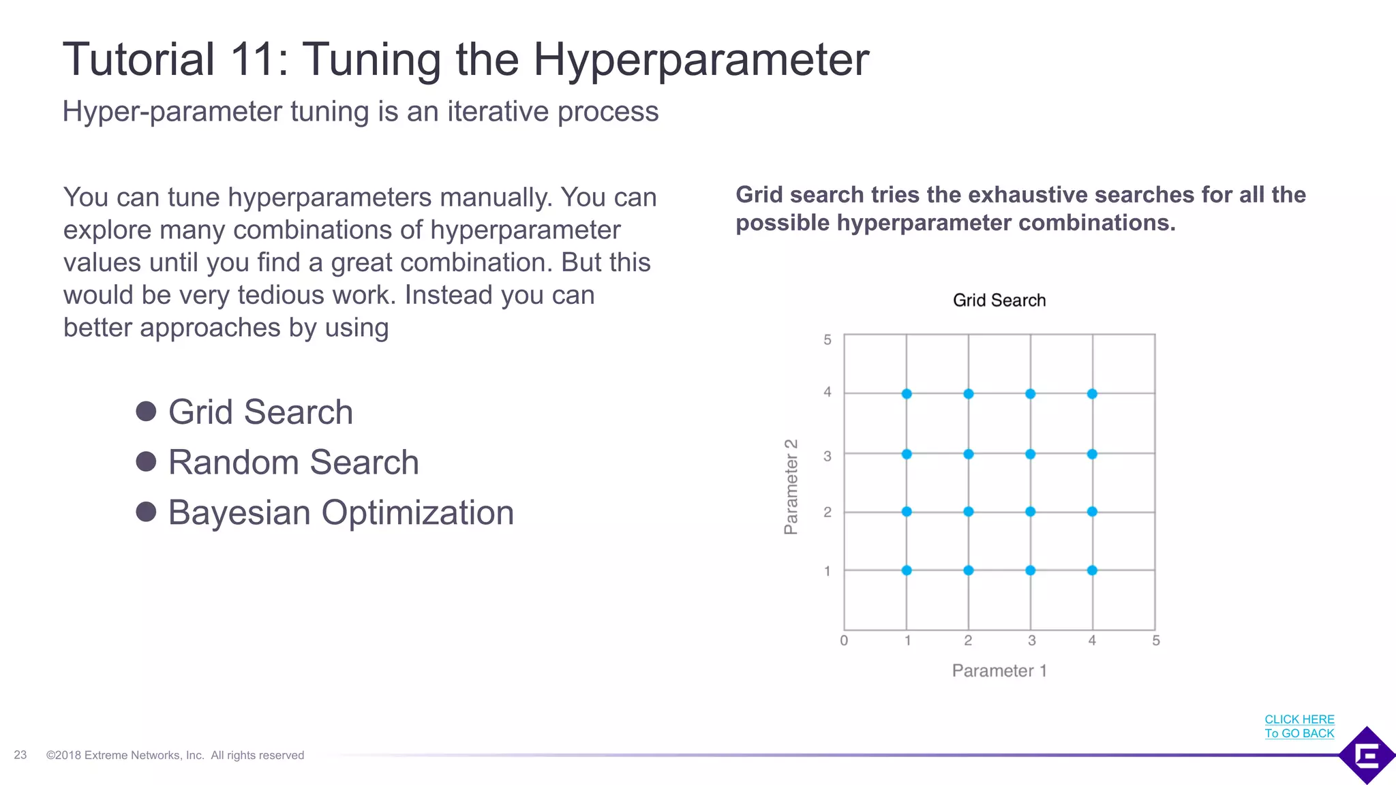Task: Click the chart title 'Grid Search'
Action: click(999, 301)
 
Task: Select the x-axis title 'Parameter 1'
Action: click(999, 671)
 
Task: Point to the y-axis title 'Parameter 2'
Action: click(791, 487)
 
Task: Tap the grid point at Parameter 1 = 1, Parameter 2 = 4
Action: click(907, 394)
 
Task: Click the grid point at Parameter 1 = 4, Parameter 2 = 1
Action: click(1092, 570)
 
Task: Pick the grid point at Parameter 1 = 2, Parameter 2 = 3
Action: click(969, 454)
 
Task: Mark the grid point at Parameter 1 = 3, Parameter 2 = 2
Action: click(1030, 512)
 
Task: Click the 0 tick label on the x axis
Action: click(844, 641)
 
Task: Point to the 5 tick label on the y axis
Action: click(828, 339)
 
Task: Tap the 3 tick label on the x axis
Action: click(1031, 641)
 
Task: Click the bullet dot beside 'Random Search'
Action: click(146, 461)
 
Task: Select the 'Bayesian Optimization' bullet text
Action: click(341, 512)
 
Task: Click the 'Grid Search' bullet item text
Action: click(260, 412)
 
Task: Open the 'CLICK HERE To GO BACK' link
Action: click(1299, 726)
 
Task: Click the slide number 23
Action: click(20, 755)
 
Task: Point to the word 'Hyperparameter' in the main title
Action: click(701, 60)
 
